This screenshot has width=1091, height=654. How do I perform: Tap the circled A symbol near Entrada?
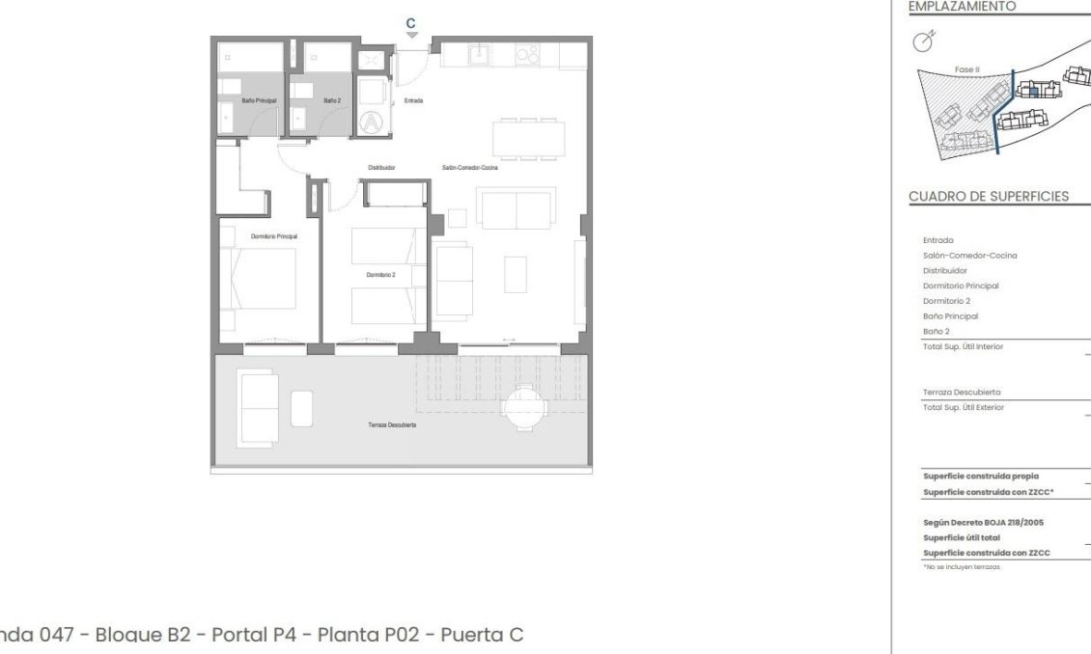(371, 122)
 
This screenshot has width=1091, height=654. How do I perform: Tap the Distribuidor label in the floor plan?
(382, 168)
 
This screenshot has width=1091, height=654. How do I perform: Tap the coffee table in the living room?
(516, 273)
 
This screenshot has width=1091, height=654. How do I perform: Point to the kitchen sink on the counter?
(476, 55)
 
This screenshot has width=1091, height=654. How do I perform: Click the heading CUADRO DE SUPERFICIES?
(989, 198)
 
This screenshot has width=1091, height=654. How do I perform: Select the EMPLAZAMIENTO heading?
(950, 6)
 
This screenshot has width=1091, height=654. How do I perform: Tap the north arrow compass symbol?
(924, 41)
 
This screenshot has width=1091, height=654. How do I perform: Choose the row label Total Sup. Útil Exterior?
(963, 407)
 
